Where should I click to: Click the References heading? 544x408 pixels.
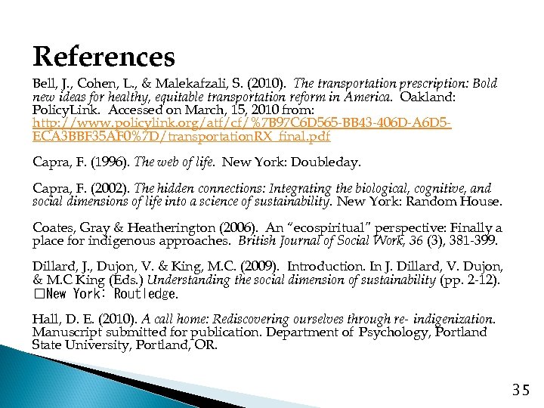104,56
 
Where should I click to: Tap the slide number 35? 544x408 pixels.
521,390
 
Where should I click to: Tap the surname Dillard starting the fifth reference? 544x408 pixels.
51,267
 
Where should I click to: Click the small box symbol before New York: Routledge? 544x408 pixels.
37,294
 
